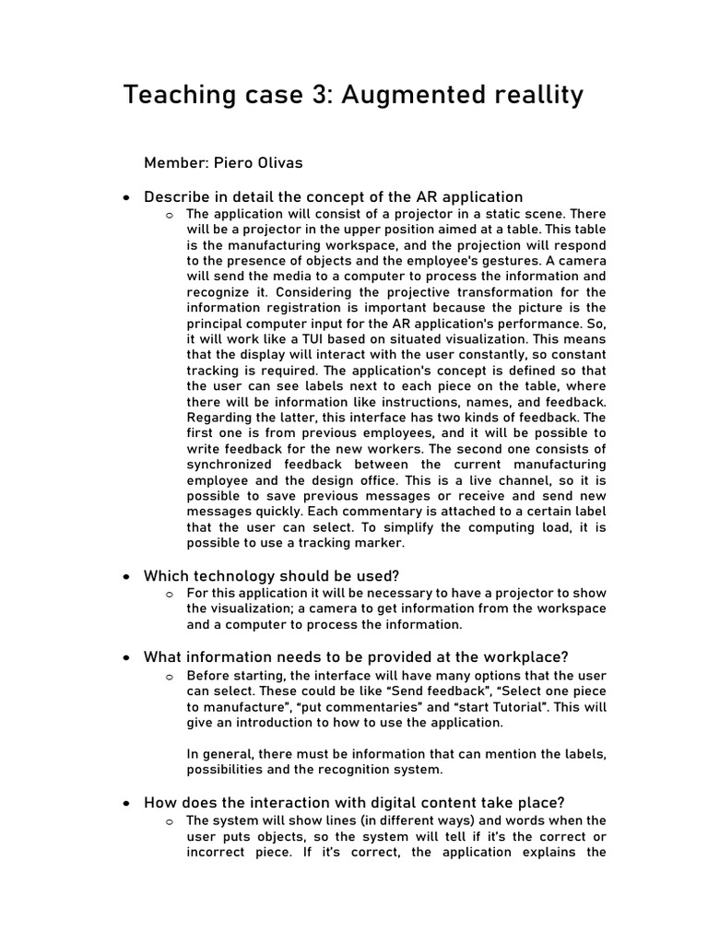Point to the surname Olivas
click(x=280, y=163)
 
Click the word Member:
click(x=175, y=163)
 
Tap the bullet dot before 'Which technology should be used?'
click(x=126, y=577)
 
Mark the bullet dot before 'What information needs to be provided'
click(x=126, y=658)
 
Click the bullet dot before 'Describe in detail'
click(x=126, y=197)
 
